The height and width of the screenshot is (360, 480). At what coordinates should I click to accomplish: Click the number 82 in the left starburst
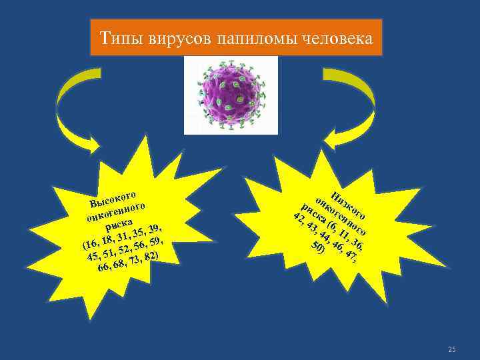click(x=150, y=257)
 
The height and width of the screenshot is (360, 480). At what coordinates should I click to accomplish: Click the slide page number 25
click(x=451, y=349)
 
